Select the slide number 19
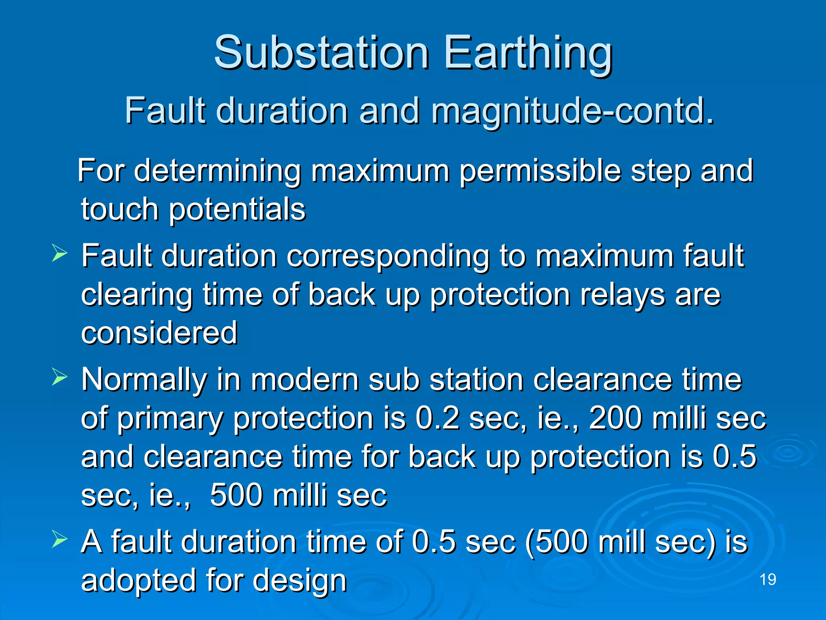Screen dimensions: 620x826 [768, 580]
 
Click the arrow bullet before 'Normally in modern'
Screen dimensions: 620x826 [59, 378]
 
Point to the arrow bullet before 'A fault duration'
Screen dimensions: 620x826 [59, 540]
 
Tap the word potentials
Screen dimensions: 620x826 [237, 210]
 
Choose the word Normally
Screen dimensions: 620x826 [144, 380]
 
